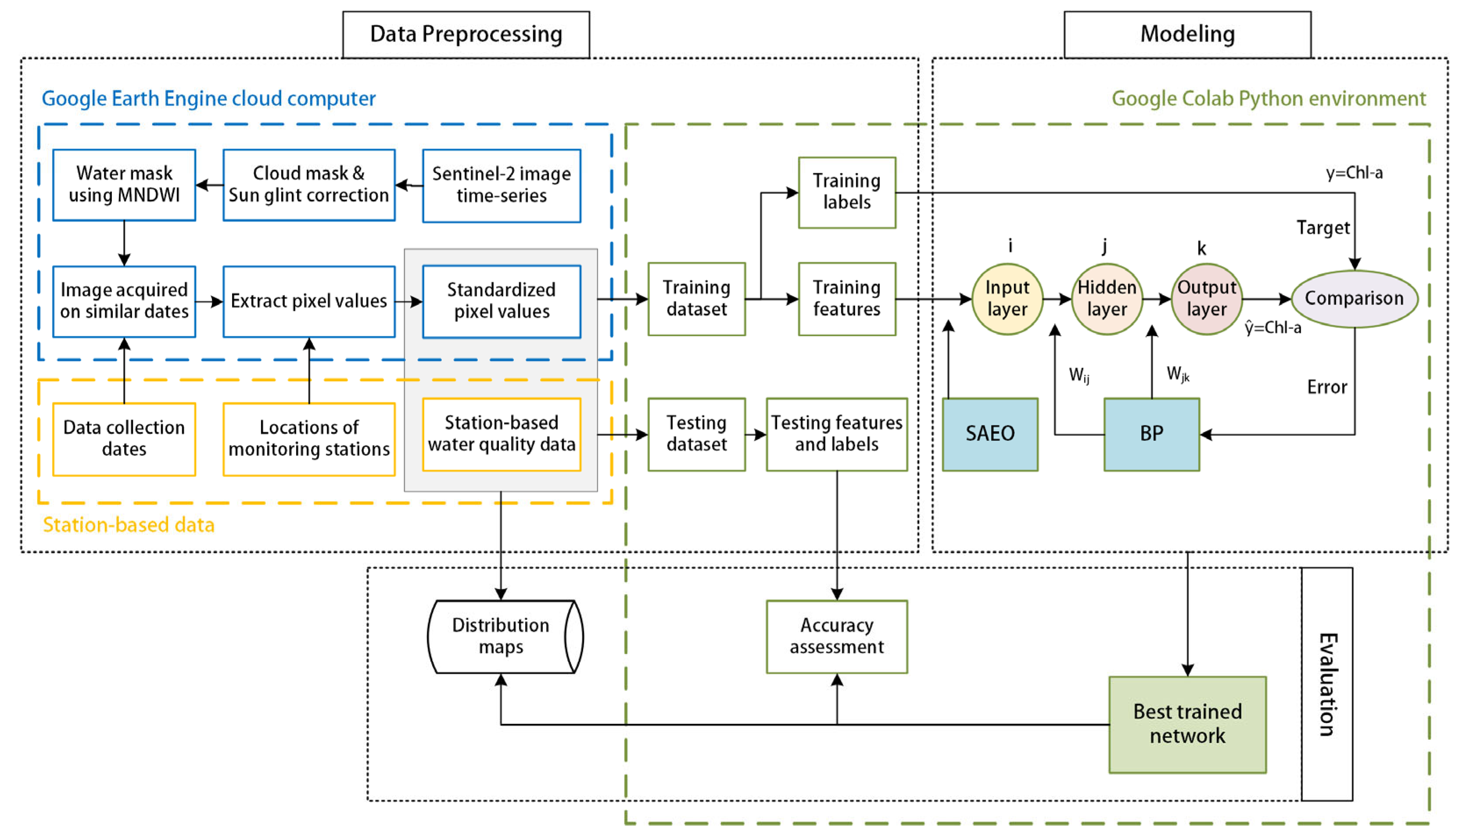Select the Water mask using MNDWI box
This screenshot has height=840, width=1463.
[x=124, y=185]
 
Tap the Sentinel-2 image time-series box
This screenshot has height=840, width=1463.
[x=501, y=185]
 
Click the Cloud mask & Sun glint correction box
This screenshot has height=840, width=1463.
[x=309, y=185]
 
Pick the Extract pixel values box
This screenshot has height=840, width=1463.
[x=309, y=301]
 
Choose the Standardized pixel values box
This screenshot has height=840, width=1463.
[x=501, y=301]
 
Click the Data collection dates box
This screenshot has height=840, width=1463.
[x=124, y=438]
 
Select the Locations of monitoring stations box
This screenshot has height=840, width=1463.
[x=309, y=438]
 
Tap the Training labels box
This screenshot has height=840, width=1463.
[x=846, y=192]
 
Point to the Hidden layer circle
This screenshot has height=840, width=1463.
[x=1106, y=299]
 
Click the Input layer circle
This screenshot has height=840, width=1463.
[x=1007, y=299]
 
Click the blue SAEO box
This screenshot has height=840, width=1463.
[x=990, y=434]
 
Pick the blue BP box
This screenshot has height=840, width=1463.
[x=1151, y=434]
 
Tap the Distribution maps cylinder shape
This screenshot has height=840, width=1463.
[x=501, y=636]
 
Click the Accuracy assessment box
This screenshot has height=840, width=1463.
[x=836, y=636]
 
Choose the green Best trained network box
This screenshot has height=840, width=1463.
[x=1187, y=724]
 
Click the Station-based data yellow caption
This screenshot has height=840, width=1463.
[x=129, y=525]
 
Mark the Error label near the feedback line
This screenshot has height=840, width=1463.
[x=1327, y=387]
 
